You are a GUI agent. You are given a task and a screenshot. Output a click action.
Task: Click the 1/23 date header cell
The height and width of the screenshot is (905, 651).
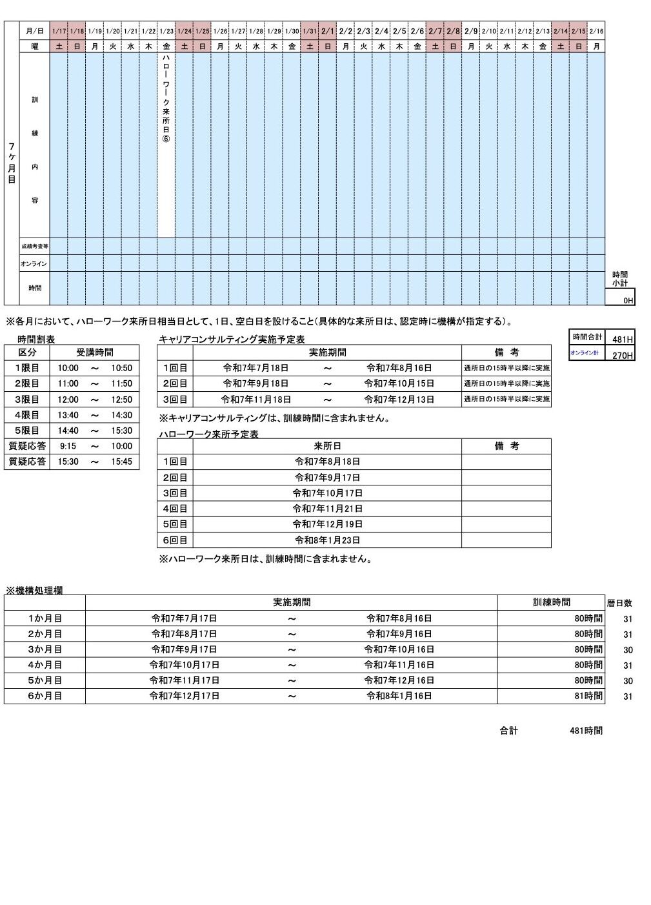click(x=166, y=31)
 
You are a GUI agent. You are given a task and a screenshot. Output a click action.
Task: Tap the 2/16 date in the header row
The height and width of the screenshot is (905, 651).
click(x=596, y=31)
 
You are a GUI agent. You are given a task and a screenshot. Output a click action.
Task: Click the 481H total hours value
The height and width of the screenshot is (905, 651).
click(x=623, y=339)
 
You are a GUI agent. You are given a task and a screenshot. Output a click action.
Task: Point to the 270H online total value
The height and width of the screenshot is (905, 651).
click(x=623, y=355)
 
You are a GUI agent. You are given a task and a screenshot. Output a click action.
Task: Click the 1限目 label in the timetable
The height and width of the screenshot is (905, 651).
click(x=27, y=368)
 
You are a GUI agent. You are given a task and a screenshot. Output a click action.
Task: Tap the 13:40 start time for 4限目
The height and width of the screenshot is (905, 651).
click(x=68, y=415)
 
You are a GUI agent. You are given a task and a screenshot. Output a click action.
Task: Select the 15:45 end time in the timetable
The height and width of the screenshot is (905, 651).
click(x=121, y=462)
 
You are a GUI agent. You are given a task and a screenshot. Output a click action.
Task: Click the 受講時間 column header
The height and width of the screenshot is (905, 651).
click(x=95, y=352)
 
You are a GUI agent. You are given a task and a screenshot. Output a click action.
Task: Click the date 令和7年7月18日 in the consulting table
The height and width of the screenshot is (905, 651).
click(x=255, y=368)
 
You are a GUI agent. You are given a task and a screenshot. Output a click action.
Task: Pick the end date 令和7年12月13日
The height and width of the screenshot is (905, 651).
click(x=399, y=400)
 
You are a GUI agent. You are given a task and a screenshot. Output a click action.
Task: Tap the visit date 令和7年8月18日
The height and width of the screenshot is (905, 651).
click(x=327, y=462)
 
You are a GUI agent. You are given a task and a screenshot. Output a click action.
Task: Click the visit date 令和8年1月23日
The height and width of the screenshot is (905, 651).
click(x=327, y=540)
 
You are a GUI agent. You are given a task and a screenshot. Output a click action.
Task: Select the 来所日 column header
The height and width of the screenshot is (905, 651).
click(x=327, y=446)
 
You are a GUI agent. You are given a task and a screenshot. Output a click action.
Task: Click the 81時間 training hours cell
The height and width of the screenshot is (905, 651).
click(x=588, y=696)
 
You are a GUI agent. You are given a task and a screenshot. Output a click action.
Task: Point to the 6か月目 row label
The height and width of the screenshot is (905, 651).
click(x=45, y=696)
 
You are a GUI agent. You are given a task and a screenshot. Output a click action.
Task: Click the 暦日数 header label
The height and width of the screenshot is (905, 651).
click(x=619, y=603)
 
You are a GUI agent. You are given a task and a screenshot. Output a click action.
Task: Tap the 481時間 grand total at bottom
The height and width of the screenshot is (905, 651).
click(x=586, y=731)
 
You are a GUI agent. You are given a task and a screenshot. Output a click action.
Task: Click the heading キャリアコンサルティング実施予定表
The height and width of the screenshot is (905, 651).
click(x=231, y=339)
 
